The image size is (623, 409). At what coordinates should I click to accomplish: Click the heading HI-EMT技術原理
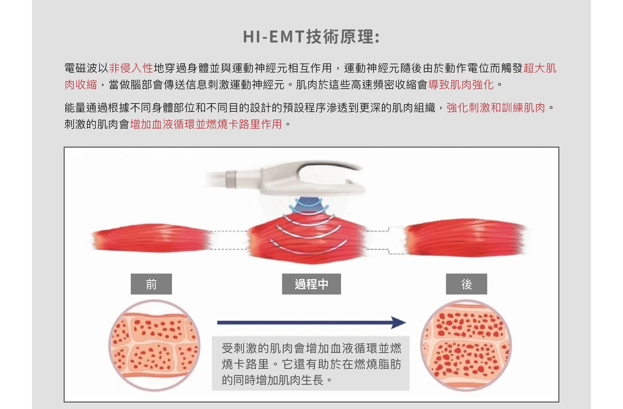(311, 36)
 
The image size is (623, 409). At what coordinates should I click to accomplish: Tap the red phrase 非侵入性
(131, 68)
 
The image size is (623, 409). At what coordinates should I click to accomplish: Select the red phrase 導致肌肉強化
(461, 85)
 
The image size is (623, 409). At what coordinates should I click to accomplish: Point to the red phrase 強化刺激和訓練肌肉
(496, 108)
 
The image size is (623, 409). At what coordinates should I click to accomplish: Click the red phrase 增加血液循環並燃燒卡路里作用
(206, 124)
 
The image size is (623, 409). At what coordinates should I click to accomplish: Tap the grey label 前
(151, 284)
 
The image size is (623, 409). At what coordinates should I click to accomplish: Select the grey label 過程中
(311, 284)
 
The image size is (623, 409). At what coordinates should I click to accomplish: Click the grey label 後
(467, 284)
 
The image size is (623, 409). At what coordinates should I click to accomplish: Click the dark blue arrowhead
(398, 323)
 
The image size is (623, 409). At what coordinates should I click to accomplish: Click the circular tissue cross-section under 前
(154, 345)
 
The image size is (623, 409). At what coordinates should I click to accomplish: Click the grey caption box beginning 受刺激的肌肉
(311, 363)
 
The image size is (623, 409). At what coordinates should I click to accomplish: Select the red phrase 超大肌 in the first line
(540, 68)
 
